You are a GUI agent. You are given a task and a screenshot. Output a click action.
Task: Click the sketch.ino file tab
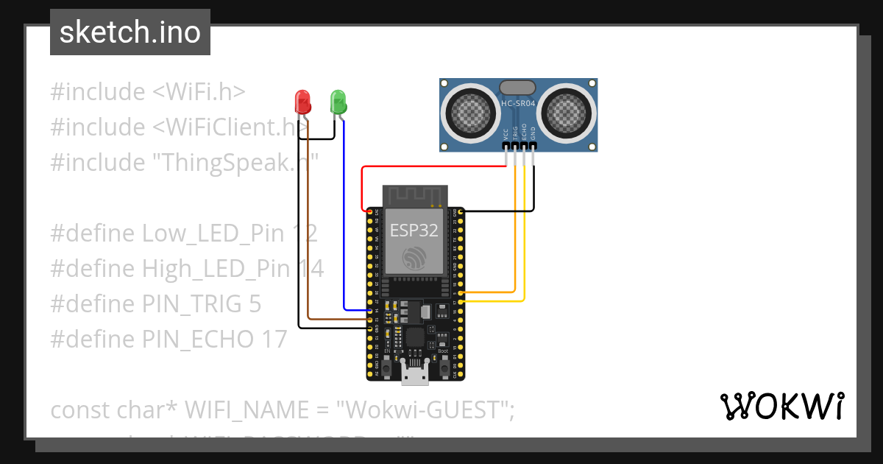coord(130,32)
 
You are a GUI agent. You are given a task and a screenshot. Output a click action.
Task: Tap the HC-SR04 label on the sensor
coord(518,104)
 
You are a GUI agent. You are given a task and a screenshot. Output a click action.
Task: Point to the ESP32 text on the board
coord(414,231)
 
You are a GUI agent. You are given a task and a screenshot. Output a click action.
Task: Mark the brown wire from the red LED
coord(308,221)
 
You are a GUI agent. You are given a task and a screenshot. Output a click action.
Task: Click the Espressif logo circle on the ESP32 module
coord(414,259)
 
